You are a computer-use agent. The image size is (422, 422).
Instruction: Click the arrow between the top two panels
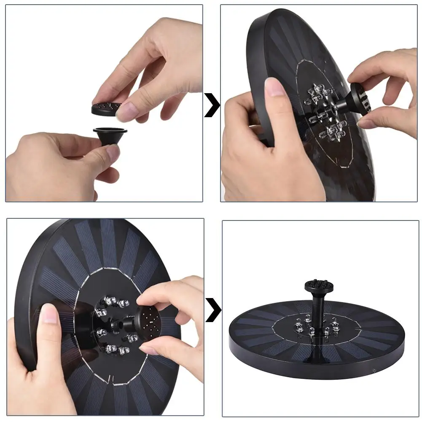point(212,105)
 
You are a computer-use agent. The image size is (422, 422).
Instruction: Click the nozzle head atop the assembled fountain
point(316,287)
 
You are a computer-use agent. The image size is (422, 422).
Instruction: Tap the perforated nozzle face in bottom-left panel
point(148,322)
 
